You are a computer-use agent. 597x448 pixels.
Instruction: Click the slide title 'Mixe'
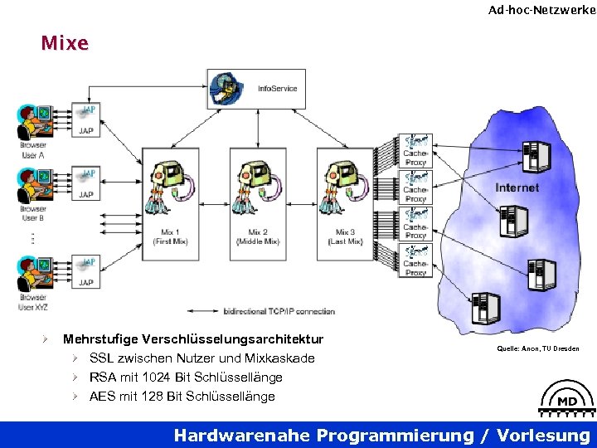pyautogui.click(x=64, y=43)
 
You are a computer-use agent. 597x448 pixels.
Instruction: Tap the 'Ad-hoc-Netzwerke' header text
pyautogui.click(x=541, y=10)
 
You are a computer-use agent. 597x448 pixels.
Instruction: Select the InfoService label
pyautogui.click(x=277, y=89)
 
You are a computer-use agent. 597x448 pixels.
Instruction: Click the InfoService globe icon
pyautogui.click(x=225, y=86)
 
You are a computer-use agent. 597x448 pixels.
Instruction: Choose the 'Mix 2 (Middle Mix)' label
pyautogui.click(x=258, y=236)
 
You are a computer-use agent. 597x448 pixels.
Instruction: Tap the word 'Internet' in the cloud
pyautogui.click(x=517, y=188)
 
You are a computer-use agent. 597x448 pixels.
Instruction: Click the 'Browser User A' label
pyautogui.click(x=32, y=150)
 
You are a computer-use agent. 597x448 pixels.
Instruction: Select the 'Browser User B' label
pyautogui.click(x=32, y=213)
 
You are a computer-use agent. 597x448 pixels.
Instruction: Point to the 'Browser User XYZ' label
pyautogui.click(x=33, y=302)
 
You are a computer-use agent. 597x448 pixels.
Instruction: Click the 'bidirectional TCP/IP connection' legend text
pyautogui.click(x=279, y=311)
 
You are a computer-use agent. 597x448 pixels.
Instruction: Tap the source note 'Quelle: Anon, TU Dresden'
pyautogui.click(x=538, y=349)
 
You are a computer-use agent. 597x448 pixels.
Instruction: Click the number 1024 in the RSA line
pyautogui.click(x=148, y=377)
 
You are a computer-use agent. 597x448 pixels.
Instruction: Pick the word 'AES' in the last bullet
pyautogui.click(x=103, y=397)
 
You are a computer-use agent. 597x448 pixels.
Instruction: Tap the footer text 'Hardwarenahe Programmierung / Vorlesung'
pyautogui.click(x=382, y=436)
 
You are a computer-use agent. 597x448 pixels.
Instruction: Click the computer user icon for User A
pyautogui.click(x=33, y=123)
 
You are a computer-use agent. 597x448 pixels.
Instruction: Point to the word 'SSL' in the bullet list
pyautogui.click(x=103, y=358)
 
